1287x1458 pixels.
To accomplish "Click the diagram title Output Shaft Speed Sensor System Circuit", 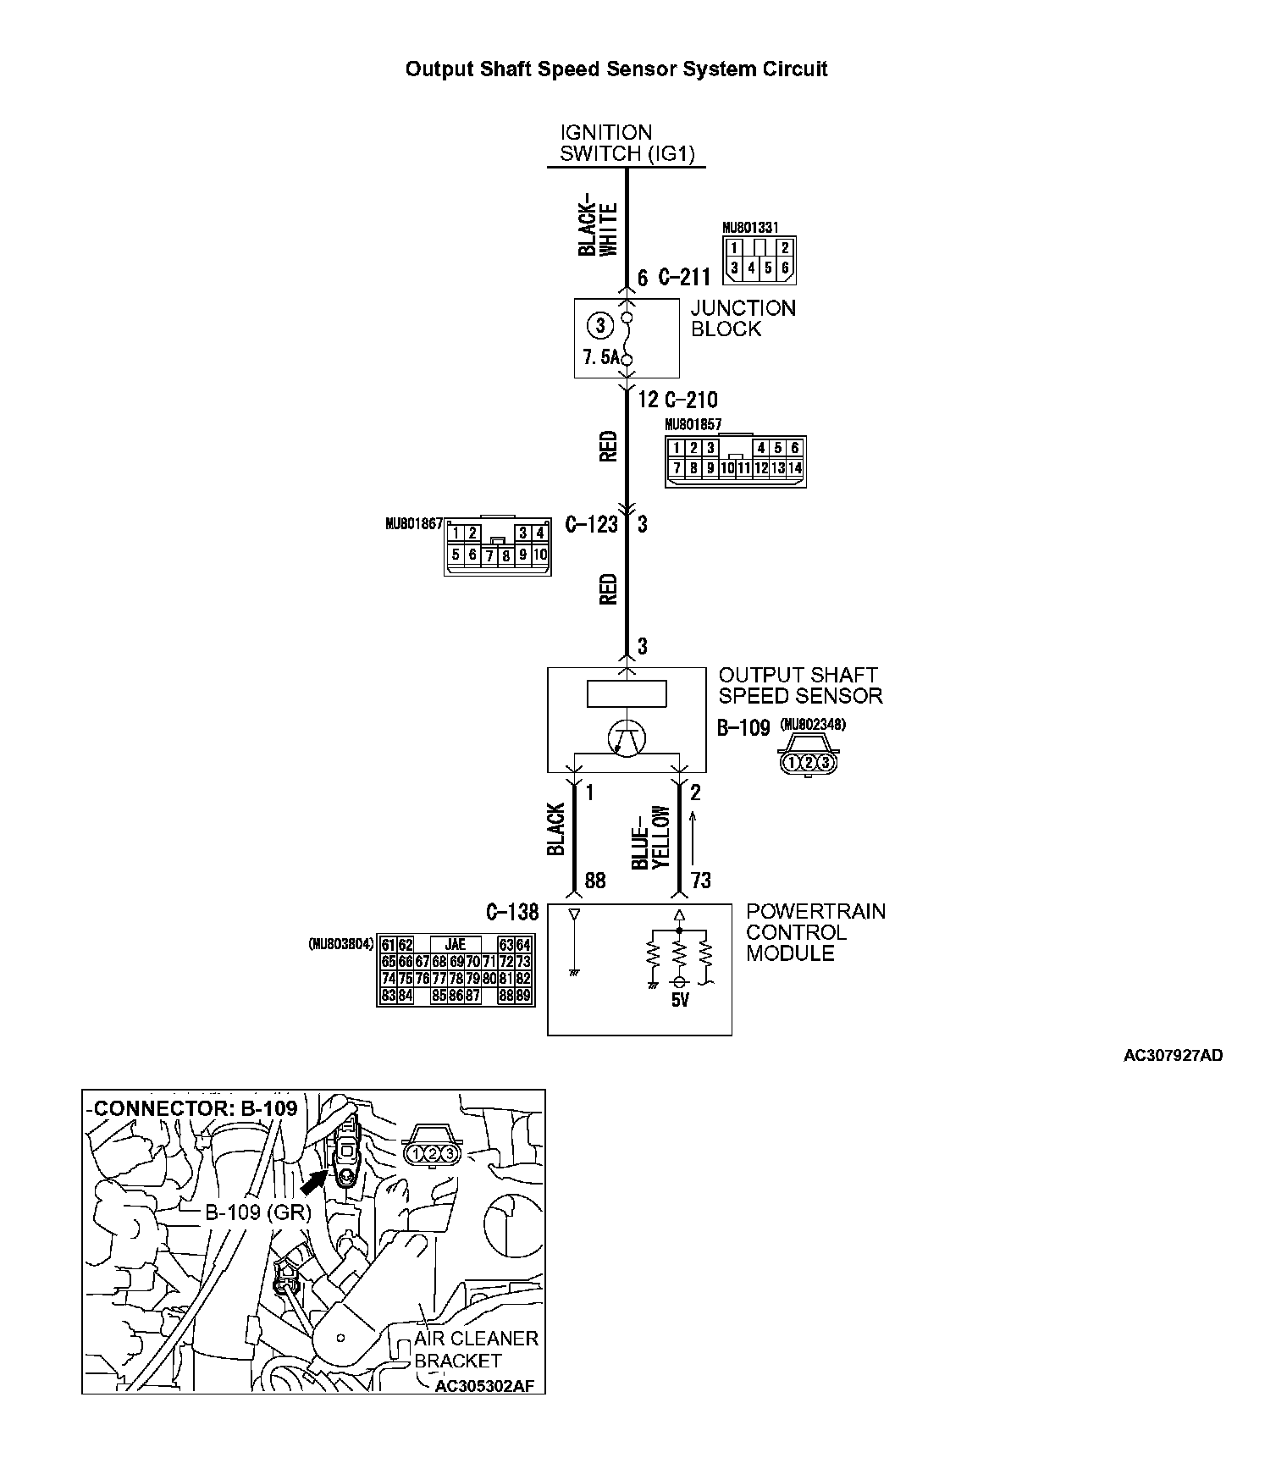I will pos(616,69).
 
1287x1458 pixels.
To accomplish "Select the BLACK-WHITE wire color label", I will pos(599,229).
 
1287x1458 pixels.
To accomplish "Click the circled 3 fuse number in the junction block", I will pos(600,325).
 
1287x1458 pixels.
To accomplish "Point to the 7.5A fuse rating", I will pos(600,357).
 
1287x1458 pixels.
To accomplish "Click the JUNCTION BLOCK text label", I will pos(743,318).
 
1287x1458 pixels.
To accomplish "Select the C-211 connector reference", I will pos(685,278).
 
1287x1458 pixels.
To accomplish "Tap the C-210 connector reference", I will pos(690,400).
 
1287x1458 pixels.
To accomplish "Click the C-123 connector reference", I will pos(591,525).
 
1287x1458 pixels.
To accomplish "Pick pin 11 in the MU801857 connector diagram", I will pos(743,467).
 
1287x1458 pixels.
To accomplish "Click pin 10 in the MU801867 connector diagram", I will pos(540,555).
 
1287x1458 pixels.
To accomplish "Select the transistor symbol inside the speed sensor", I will pos(627,737).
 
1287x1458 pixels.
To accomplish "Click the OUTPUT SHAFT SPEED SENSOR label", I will pos(799,686).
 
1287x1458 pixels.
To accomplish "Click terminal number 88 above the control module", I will pos(595,881).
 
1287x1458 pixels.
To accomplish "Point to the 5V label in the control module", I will pos(680,1000).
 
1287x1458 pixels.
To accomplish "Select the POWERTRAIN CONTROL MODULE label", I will pos(815,932).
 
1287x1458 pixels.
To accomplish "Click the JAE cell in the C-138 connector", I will pos(455,945).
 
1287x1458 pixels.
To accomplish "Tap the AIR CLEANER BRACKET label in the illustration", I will pos(475,1350).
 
